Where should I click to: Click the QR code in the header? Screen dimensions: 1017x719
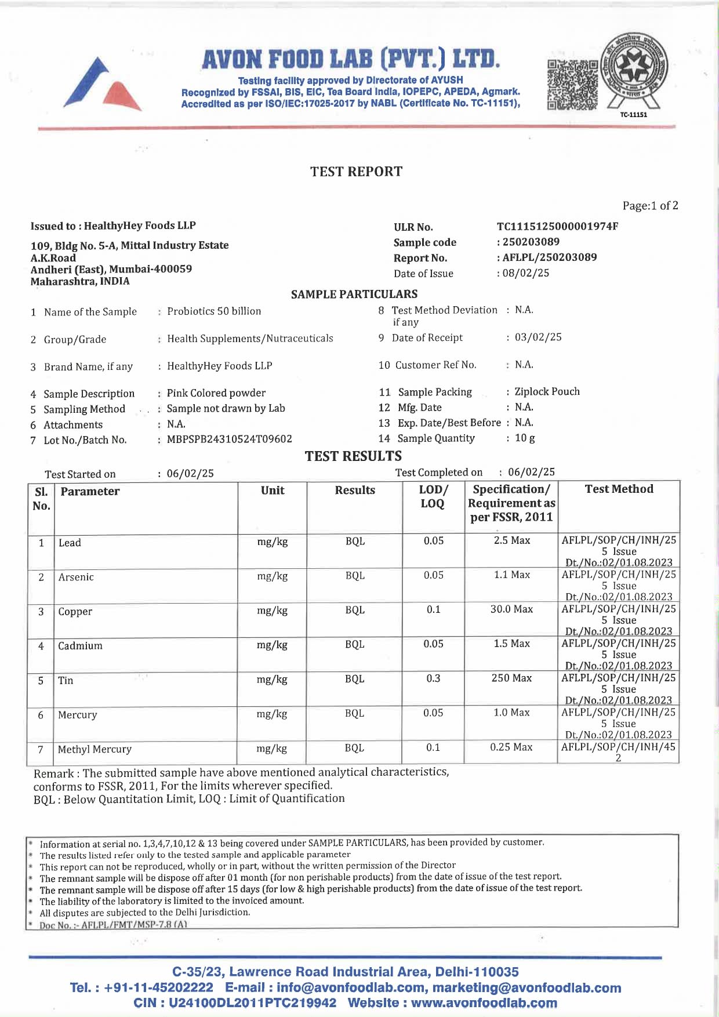[572, 85]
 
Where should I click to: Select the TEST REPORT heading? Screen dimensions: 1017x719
[356, 172]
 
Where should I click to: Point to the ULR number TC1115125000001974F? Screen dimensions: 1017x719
[557, 226]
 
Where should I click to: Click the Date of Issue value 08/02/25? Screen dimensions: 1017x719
[525, 273]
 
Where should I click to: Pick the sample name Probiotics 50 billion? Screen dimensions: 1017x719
[214, 311]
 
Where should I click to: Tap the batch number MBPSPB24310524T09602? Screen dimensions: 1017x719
[229, 440]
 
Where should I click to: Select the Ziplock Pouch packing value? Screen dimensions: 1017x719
[547, 392]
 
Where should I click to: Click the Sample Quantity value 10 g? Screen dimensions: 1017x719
[525, 438]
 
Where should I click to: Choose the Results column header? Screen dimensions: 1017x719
[355, 491]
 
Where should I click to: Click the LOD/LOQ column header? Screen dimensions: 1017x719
[433, 496]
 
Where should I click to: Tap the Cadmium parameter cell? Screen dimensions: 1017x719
[80, 646]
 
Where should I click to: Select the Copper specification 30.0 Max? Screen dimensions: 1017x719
[511, 609]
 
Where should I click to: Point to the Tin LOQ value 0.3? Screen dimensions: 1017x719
[433, 678]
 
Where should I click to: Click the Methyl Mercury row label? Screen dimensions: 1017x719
[95, 749]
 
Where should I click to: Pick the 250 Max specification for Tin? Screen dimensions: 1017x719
[511, 678]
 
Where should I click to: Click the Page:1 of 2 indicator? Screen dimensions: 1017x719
[650, 206]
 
